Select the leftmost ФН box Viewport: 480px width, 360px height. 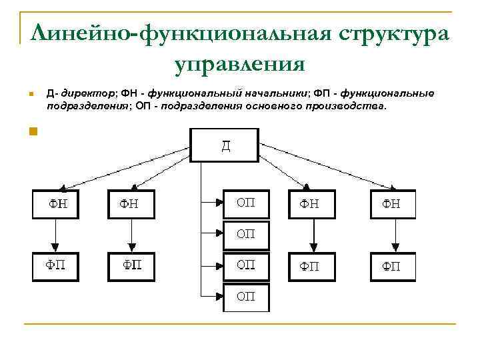click(56, 204)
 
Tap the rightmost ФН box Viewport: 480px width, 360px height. click(392, 204)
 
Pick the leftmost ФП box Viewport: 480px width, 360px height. click(56, 266)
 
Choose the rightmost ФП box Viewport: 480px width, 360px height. click(392, 267)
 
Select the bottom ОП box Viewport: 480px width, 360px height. click(246, 297)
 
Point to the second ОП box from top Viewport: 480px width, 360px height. click(246, 234)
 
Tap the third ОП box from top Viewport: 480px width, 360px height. click(246, 265)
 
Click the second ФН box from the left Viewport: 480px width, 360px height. click(131, 204)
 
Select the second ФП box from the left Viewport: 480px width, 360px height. click(131, 266)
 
